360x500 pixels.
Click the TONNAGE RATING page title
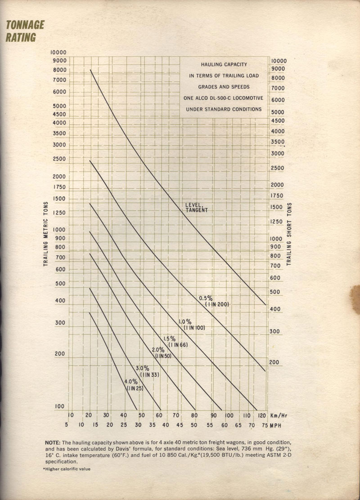[x=25, y=31]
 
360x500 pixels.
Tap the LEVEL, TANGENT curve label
[x=197, y=207]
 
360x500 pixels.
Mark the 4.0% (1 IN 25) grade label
[x=134, y=385]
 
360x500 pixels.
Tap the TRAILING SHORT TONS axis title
[x=289, y=234]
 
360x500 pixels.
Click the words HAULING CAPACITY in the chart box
[x=224, y=65]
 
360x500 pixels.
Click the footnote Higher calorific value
[x=66, y=469]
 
